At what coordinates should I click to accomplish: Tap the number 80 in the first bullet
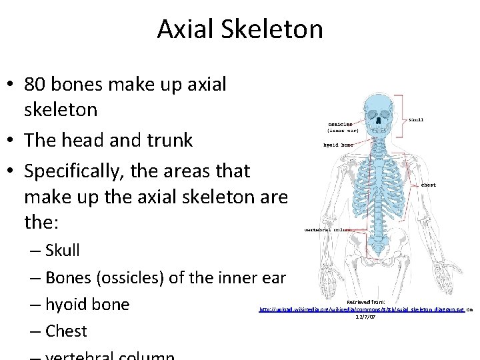pos(36,85)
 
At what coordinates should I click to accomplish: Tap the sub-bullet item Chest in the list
pos(66,331)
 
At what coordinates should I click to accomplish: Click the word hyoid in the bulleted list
pos(67,305)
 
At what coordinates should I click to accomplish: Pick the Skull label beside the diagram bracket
pos(415,120)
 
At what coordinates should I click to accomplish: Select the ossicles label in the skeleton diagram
pos(340,124)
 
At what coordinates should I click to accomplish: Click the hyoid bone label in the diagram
pos(338,145)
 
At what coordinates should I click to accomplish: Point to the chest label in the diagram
pos(429,185)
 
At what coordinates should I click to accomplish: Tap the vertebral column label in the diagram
pos(328,229)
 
